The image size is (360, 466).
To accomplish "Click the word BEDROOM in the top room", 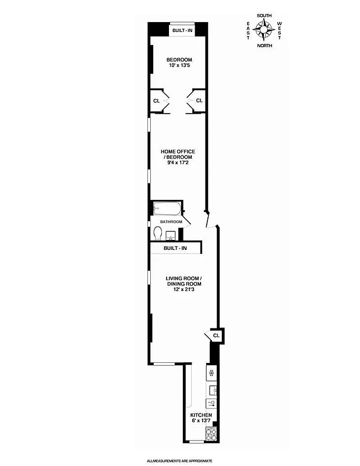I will pyautogui.click(x=179, y=60).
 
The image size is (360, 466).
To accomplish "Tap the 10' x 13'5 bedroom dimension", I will pyautogui.click(x=179, y=66).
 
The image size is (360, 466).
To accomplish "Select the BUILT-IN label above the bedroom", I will pyautogui.click(x=181, y=30).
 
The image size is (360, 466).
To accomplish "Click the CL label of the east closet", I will pyautogui.click(x=156, y=101).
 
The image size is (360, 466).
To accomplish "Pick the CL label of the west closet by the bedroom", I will pyautogui.click(x=199, y=101).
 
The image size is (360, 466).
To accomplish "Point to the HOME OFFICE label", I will pyautogui.click(x=178, y=151).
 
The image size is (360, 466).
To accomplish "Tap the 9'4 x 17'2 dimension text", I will pyautogui.click(x=178, y=164).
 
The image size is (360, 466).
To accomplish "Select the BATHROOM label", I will pyautogui.click(x=171, y=222).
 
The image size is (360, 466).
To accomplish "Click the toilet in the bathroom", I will pyautogui.click(x=158, y=233).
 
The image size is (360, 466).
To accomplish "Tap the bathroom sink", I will pyautogui.click(x=171, y=236).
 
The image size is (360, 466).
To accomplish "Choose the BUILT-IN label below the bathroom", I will pyautogui.click(x=175, y=249).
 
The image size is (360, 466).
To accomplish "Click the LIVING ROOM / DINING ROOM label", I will pyautogui.click(x=184, y=281).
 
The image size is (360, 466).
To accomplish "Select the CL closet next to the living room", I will pyautogui.click(x=216, y=336).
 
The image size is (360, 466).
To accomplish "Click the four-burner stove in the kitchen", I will pyautogui.click(x=211, y=433).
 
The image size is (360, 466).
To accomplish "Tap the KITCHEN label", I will pyautogui.click(x=200, y=415).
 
